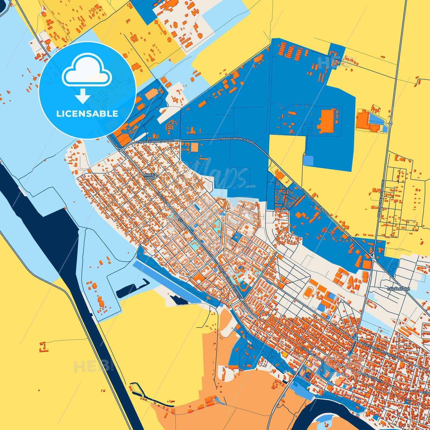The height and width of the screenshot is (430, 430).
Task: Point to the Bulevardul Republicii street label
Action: (x=378, y=350)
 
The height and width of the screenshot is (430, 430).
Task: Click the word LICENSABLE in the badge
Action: (x=87, y=114)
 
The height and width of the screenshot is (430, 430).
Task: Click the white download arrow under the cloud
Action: (x=83, y=96)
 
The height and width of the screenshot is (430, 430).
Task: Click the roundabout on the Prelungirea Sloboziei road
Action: (x=390, y=123)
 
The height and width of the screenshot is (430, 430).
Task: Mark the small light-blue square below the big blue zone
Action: (x=308, y=160)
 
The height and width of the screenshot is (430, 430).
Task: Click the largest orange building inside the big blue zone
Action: (x=327, y=121)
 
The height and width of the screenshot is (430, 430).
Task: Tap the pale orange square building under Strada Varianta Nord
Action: (x=194, y=147)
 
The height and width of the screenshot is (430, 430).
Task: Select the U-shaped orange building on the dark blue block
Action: (x=243, y=286)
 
